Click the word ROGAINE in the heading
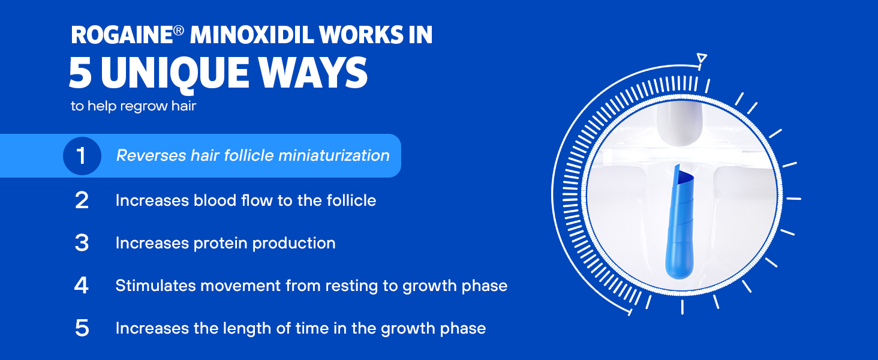click(122, 35)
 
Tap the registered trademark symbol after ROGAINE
click(178, 31)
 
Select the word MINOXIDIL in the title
click(252, 35)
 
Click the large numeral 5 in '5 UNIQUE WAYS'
click(80, 73)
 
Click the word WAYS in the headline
click(313, 73)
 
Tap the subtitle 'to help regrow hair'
click(133, 106)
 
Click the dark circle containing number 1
click(82, 155)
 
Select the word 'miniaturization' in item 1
click(334, 155)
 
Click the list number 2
click(82, 200)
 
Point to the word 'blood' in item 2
click(215, 200)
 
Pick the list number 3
click(82, 243)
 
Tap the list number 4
click(81, 286)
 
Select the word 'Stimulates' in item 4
click(155, 286)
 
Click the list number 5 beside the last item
click(82, 328)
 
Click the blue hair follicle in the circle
click(679, 222)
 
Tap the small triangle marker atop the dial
click(702, 58)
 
